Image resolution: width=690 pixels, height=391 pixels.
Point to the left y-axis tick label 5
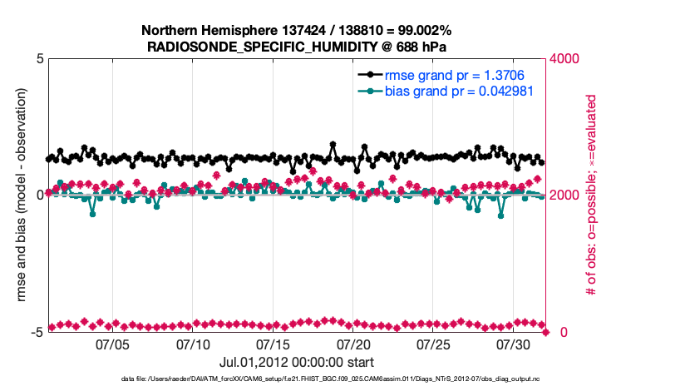pyautogui.click(x=39, y=60)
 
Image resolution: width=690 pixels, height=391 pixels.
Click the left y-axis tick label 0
pyautogui.click(x=39, y=195)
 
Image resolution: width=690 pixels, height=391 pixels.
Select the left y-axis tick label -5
pyautogui.click(x=37, y=332)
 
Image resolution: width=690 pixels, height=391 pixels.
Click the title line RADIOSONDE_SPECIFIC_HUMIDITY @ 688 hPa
pyautogui.click(x=297, y=46)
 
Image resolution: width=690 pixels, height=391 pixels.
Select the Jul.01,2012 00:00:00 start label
pyautogui.click(x=297, y=363)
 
